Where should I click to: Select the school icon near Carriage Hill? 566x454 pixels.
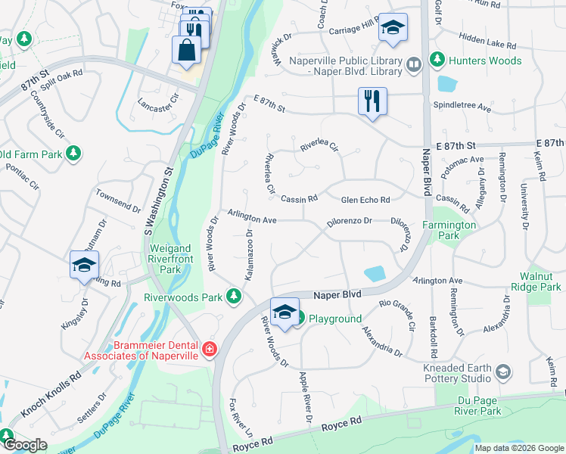[392, 28]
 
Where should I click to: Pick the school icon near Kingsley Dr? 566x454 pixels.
[84, 264]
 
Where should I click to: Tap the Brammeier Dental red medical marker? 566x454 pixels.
[208, 350]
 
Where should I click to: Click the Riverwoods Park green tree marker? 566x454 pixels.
[235, 297]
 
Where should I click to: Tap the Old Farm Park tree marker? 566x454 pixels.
[73, 154]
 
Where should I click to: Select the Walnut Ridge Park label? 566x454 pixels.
[540, 282]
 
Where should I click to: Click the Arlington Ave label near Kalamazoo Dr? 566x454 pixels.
[253, 219]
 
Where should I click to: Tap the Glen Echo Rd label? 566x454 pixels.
[365, 200]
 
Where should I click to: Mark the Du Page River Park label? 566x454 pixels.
[479, 406]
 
